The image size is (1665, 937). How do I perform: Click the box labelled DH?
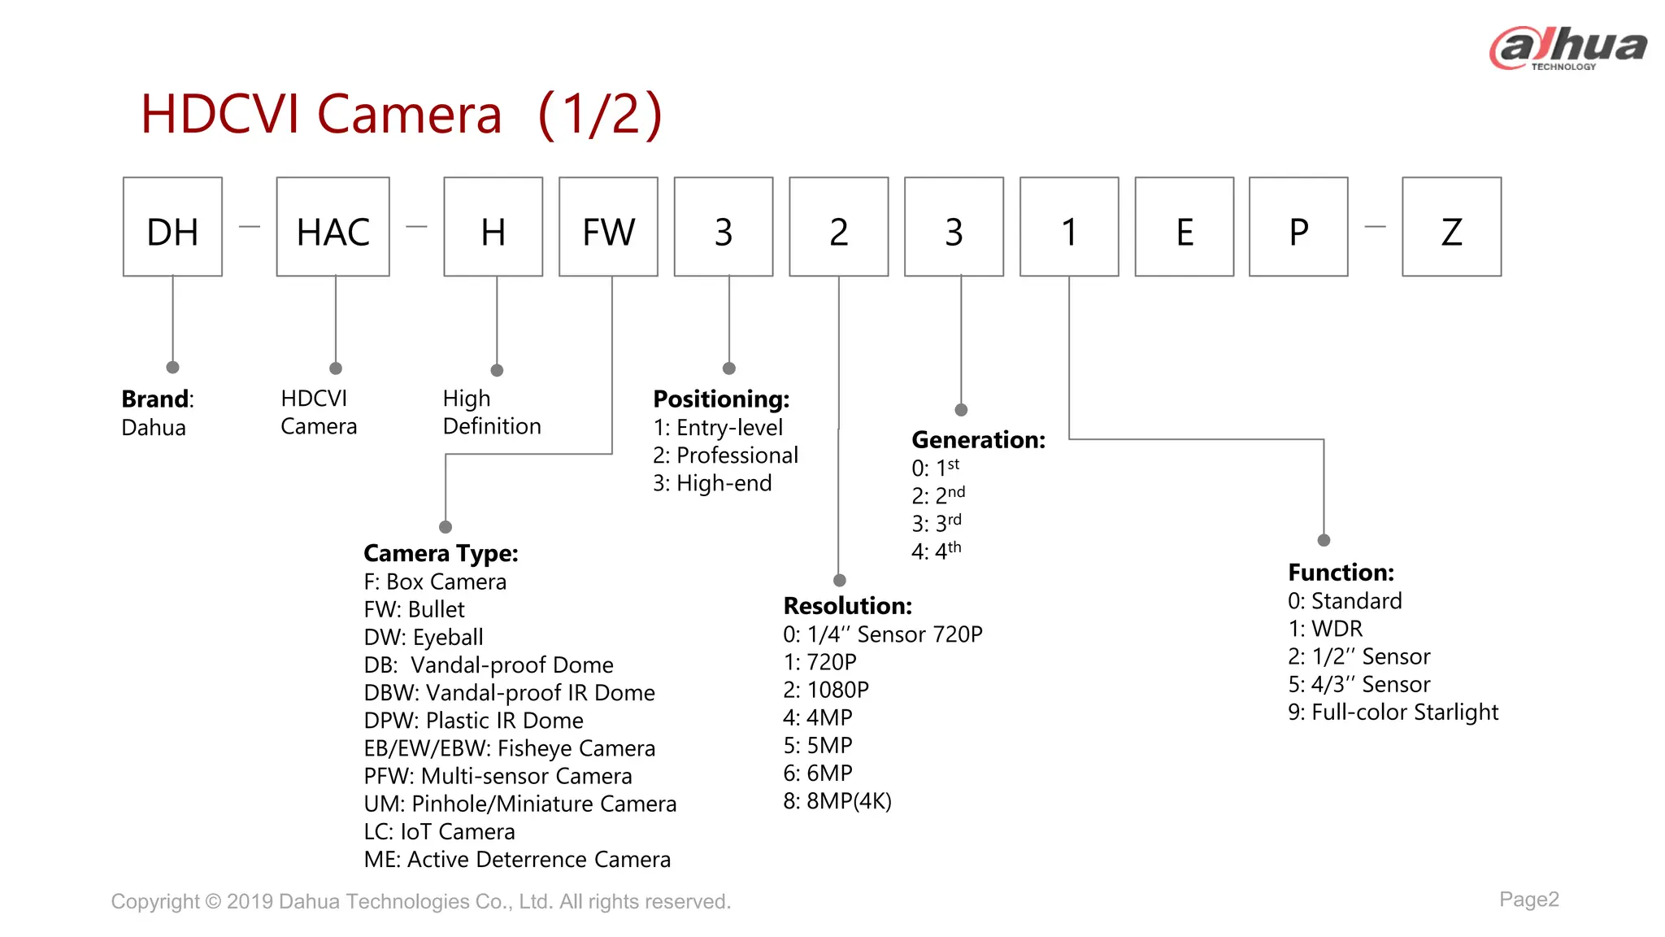(172, 227)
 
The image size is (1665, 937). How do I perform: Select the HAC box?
(333, 227)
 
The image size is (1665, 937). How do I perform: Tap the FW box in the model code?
(608, 227)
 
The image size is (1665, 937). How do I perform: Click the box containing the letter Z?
(1451, 227)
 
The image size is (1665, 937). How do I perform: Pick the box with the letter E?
(1184, 227)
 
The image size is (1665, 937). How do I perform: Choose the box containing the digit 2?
(838, 227)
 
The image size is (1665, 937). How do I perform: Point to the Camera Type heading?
(441, 553)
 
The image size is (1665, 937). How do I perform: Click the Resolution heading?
(847, 606)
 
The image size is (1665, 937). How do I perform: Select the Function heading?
(1341, 573)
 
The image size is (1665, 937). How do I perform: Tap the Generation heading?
(978, 440)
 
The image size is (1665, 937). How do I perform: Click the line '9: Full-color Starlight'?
(1393, 713)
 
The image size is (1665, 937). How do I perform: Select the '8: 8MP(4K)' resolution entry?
(837, 801)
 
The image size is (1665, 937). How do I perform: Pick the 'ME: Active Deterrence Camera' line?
(517, 860)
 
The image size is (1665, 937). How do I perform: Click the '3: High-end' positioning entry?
(712, 483)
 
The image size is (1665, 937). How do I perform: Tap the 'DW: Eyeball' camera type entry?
(424, 638)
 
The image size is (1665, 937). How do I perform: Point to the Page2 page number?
(1529, 899)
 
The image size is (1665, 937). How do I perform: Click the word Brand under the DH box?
(154, 399)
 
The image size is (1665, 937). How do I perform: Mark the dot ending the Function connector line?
(1324, 540)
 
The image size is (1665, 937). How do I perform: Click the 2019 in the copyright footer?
(250, 901)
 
